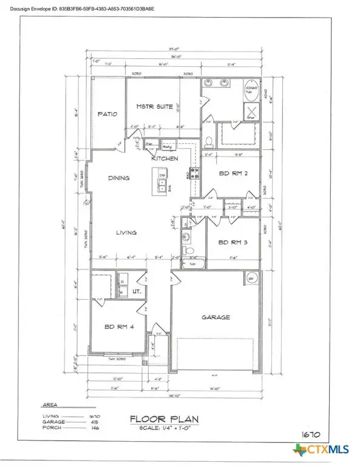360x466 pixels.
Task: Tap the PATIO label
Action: tap(107, 113)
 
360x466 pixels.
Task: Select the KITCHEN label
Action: tap(165, 158)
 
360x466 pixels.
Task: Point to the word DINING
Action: tap(120, 178)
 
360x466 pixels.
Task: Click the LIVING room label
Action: tap(126, 232)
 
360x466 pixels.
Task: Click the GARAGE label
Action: tap(216, 317)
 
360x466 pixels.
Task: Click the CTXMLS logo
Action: tap(323, 450)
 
